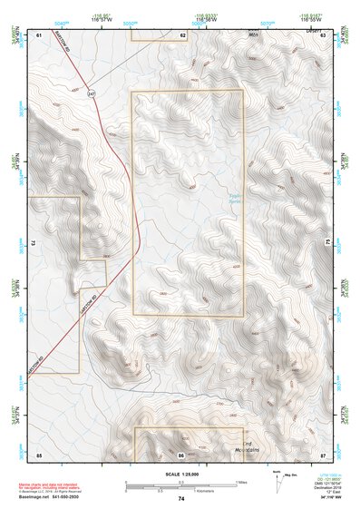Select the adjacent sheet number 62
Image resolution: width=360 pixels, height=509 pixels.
182,34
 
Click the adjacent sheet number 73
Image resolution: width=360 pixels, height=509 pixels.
33,243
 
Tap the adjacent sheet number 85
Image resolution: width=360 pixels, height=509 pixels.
39,453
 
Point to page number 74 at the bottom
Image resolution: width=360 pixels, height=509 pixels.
181,499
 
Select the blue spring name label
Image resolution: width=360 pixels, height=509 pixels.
234,196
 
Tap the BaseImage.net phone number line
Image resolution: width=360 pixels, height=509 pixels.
50,499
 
